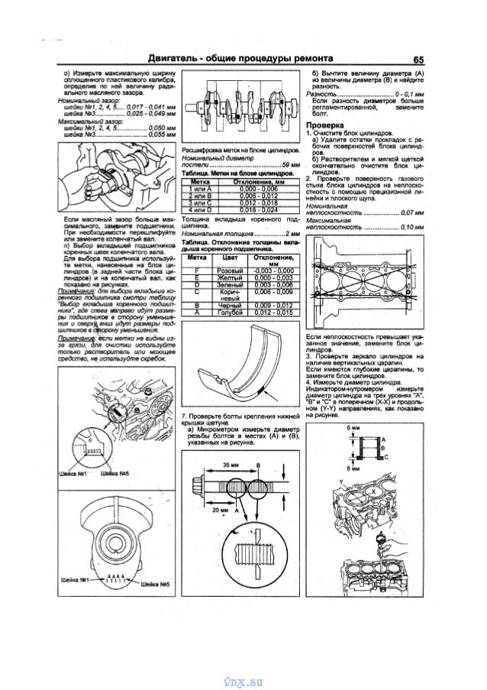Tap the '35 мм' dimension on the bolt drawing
(231, 464)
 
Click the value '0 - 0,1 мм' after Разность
(404, 93)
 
